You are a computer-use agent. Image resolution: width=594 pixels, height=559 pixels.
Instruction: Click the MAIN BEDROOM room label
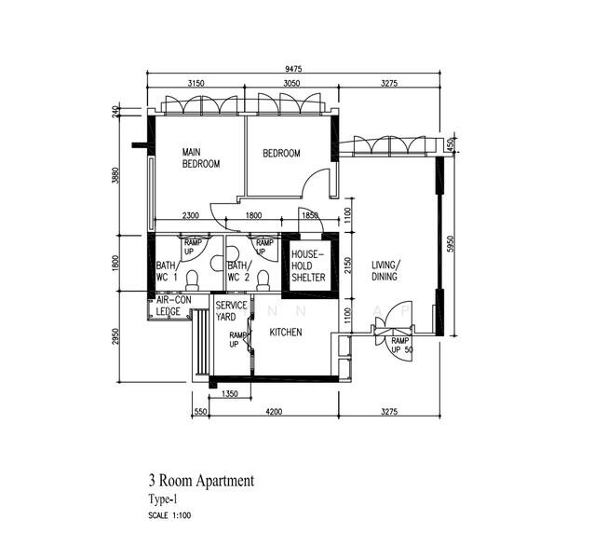tap(200, 157)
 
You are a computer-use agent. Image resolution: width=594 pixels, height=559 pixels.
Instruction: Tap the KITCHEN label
tap(285, 332)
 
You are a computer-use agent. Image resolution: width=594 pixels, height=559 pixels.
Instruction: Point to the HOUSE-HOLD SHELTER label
tap(307, 266)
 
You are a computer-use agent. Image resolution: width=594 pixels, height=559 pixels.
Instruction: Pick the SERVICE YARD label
tap(231, 311)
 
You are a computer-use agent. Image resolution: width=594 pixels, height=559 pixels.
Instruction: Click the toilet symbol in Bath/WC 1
tap(194, 279)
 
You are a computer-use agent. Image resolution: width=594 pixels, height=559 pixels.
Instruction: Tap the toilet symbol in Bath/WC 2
tap(263, 279)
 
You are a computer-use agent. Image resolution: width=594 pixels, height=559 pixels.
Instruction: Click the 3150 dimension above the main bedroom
tap(196, 83)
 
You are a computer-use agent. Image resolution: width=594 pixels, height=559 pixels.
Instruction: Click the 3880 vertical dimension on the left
tap(115, 176)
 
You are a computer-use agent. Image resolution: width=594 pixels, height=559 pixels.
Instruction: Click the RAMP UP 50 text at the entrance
tap(401, 346)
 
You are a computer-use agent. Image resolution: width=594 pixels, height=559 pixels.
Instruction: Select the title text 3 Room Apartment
tap(200, 481)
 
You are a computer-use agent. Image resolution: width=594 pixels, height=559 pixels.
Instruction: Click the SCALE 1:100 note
tap(170, 514)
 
